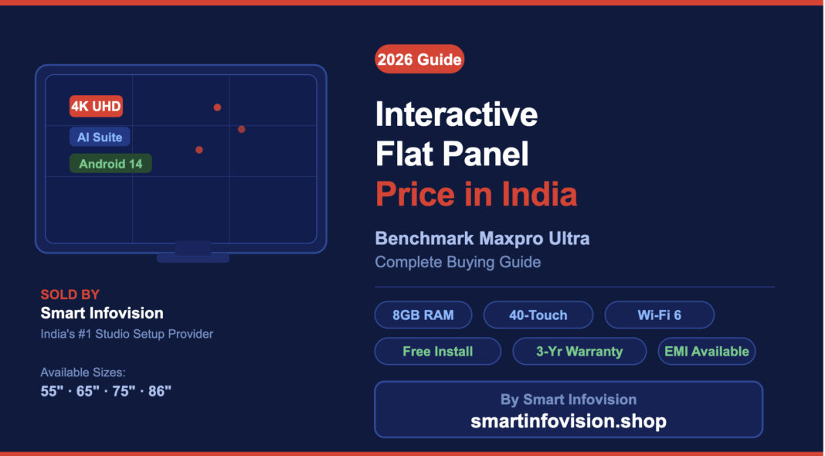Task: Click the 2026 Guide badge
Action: tap(419, 60)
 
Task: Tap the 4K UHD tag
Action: tap(96, 106)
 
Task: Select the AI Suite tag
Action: tap(100, 138)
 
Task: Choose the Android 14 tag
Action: tap(110, 164)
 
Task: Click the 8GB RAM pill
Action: tap(423, 315)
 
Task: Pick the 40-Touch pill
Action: tap(538, 315)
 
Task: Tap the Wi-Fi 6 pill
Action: tap(659, 315)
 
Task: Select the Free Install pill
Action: tap(437, 351)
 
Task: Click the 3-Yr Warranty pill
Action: tap(579, 351)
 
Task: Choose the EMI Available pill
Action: tap(706, 351)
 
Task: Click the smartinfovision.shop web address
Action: tap(569, 421)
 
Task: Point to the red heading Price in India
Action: tap(476, 193)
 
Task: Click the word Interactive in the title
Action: tap(457, 114)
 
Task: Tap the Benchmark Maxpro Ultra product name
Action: tap(482, 238)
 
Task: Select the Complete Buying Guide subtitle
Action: tap(457, 262)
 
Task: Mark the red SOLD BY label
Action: tap(70, 294)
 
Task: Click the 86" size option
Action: tap(159, 391)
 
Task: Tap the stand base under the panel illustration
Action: tap(193, 257)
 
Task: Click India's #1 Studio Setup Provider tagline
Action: tap(127, 334)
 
